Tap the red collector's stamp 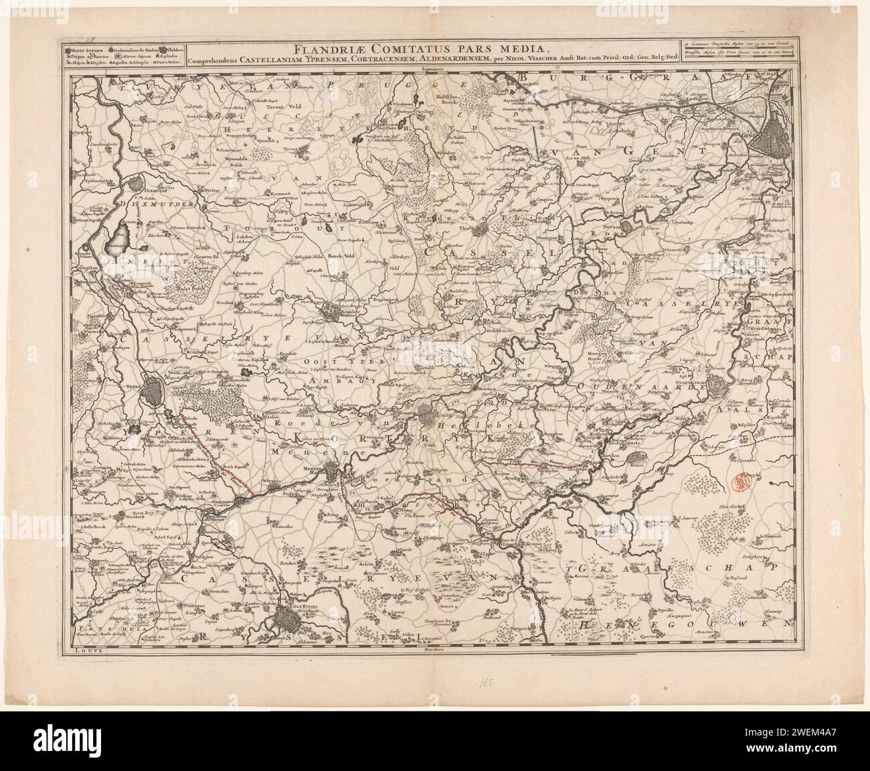(740, 480)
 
